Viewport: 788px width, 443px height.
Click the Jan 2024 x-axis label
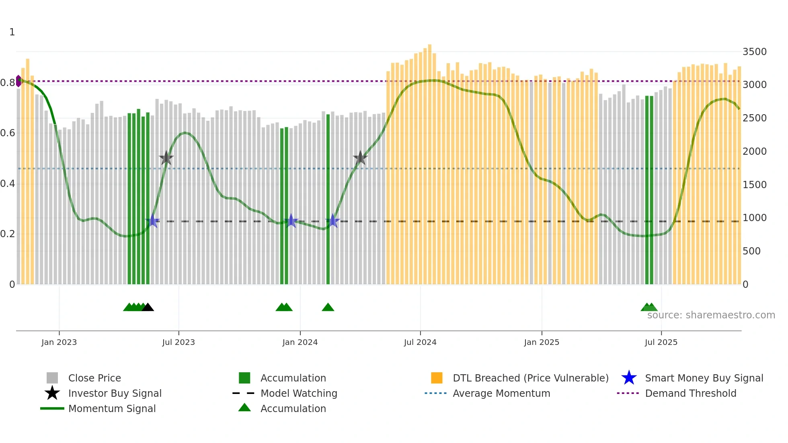300,342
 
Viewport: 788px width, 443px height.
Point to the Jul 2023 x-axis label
179,342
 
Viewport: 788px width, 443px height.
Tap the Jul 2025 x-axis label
661,342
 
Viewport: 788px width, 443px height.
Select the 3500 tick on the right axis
754,52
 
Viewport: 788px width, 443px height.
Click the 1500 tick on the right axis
754,185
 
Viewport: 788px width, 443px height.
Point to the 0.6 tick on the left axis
8,133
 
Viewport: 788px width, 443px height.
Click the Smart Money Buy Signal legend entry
704,378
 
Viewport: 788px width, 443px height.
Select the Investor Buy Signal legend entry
115,393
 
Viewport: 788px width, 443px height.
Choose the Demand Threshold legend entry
690,393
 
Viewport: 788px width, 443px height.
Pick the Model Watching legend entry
298,393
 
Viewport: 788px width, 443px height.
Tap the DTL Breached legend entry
530,378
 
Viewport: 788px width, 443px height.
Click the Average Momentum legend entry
501,393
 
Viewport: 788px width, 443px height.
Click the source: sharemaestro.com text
711,315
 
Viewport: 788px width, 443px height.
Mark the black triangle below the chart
148,308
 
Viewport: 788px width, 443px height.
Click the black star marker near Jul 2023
166,158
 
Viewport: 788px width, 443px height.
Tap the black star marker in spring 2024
360,158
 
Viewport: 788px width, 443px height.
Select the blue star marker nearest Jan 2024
291,221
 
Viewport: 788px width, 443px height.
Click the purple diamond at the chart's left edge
18,81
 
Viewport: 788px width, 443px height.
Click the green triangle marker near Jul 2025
649,308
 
